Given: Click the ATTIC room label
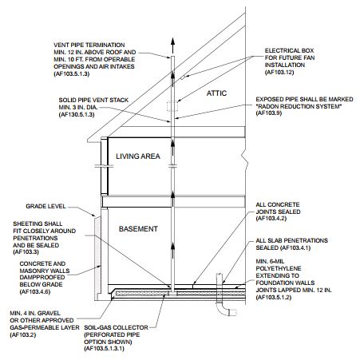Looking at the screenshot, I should point(217,93).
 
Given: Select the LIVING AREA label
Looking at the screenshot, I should point(139,156).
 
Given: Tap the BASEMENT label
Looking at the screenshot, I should point(137,229).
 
